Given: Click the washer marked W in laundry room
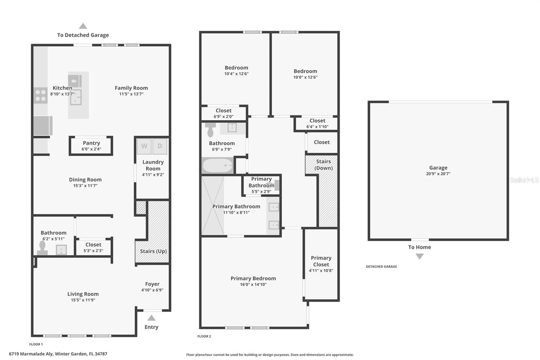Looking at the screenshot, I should coord(144,146).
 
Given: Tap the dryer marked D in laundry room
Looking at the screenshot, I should coord(160,146).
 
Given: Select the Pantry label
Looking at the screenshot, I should coord(91,143).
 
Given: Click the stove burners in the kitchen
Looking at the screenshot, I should coord(40,95).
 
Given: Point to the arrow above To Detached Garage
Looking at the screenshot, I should coord(83,26).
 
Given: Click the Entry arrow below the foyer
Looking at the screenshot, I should coord(152,318).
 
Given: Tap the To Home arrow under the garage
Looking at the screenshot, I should coord(420,256).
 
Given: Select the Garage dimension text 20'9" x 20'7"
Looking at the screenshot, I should coord(438,174).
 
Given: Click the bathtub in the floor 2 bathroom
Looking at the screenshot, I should coord(218,165).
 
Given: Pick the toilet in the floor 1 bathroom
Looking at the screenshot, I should coord(42,248).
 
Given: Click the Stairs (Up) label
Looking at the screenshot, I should coord(153,251).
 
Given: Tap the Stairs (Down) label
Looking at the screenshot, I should coord(323,165).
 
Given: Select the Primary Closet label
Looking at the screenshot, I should coord(321,261).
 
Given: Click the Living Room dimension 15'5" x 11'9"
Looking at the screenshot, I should coord(83,300).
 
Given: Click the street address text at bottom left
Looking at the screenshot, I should coord(58,354).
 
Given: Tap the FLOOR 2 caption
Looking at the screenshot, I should coord(204,336).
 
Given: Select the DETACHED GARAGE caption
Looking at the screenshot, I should coord(381,267).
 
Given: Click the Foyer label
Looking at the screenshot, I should coord(152,284).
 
